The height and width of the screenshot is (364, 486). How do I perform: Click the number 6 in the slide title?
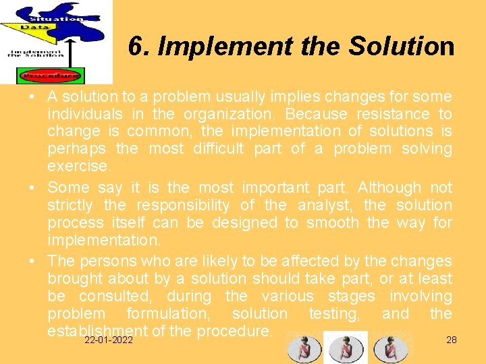135,46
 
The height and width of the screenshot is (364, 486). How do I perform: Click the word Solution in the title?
401,46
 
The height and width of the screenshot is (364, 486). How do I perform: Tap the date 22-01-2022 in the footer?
108,341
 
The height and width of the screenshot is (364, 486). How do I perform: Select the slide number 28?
452,340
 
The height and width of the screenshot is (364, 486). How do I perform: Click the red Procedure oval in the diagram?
51,75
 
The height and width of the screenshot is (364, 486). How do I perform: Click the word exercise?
78,166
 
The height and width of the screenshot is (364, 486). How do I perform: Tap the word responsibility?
180,205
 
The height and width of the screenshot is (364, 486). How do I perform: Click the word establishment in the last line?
97,331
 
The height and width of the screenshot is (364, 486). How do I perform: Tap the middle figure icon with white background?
346,348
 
